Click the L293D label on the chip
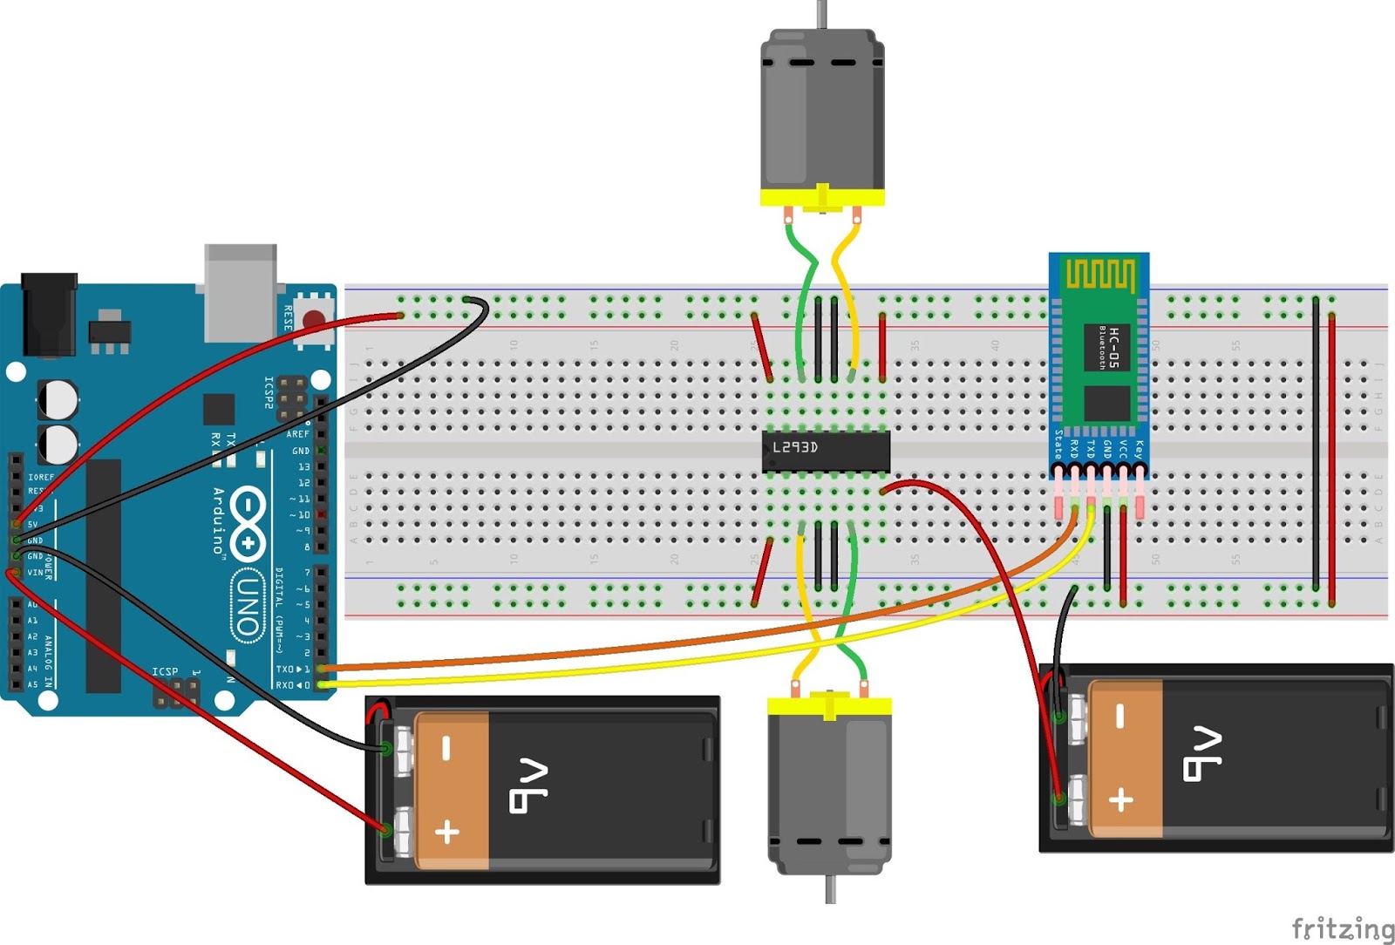794,447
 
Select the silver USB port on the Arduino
241,292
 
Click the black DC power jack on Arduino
48,314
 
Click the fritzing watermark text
1342,928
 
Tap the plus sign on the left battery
447,831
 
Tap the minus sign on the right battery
1121,717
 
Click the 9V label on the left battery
528,786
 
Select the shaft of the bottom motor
831,889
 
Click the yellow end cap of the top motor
822,198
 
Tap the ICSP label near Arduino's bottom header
165,671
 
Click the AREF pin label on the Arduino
298,434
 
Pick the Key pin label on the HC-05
1138,449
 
